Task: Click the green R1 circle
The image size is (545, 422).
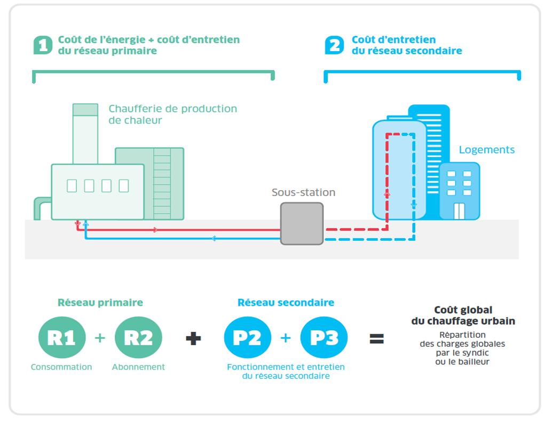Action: click(x=61, y=338)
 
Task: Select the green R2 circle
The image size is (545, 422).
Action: click(x=138, y=338)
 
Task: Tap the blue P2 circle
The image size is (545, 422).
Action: click(x=247, y=338)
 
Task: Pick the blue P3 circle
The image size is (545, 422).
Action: click(x=324, y=338)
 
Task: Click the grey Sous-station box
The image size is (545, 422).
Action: click(x=302, y=223)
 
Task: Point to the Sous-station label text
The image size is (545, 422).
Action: click(x=303, y=192)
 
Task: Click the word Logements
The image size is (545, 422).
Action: click(x=487, y=150)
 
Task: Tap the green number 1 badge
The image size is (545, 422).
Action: click(x=43, y=45)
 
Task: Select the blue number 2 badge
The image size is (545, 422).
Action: click(x=335, y=45)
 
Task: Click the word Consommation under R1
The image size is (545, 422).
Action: click(x=61, y=367)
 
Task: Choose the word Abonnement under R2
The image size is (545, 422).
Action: click(x=138, y=367)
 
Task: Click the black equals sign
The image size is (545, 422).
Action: click(x=377, y=338)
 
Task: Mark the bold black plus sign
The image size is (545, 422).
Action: click(x=193, y=338)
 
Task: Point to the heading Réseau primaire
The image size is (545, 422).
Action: click(x=100, y=303)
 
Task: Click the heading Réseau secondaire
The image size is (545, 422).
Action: click(x=286, y=303)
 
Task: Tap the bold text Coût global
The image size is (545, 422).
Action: click(x=463, y=310)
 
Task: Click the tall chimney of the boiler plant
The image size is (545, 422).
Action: click(x=85, y=133)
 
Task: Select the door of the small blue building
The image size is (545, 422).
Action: click(x=459, y=212)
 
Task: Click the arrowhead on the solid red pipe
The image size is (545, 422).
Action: click(x=155, y=230)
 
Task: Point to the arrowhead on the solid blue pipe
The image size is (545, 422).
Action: click(x=213, y=239)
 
